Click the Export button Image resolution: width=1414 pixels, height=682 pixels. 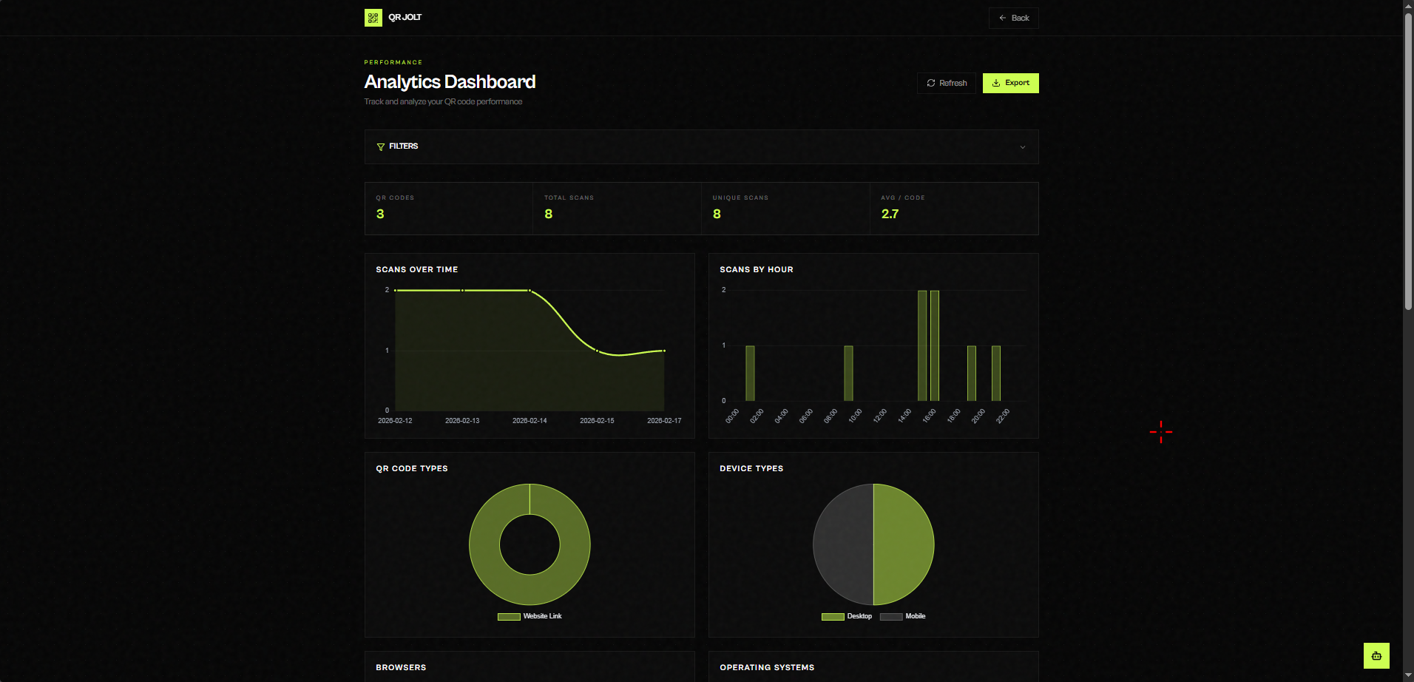[x=1010, y=83]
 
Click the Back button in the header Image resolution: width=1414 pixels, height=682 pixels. [x=1013, y=18]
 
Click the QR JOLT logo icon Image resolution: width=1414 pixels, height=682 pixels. [x=373, y=18]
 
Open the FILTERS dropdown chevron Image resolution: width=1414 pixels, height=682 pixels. [x=1022, y=147]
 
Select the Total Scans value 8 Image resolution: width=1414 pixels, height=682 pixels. [x=548, y=214]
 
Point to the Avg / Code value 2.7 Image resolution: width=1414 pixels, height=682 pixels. [x=890, y=214]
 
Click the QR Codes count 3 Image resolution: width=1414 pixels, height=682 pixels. [x=380, y=214]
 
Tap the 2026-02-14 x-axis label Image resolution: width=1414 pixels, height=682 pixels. [x=530, y=421]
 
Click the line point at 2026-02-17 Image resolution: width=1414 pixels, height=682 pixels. [x=664, y=351]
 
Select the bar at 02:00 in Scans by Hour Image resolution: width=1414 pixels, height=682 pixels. [x=750, y=374]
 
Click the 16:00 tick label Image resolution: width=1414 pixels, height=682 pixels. [x=929, y=416]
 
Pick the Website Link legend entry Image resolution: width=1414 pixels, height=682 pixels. [x=530, y=616]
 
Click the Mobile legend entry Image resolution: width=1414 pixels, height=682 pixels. [x=903, y=616]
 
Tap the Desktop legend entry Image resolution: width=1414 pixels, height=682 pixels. [x=847, y=616]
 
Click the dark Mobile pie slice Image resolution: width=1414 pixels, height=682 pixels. [x=842, y=544]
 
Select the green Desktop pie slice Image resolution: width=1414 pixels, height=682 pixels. [x=904, y=544]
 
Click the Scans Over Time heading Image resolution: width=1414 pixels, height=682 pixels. [x=416, y=269]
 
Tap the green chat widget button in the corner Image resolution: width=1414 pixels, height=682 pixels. [x=1376, y=655]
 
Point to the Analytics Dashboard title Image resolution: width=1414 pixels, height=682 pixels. [x=450, y=82]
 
